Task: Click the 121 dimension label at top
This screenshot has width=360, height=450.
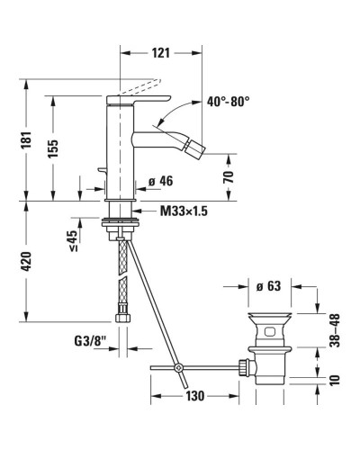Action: click(x=159, y=53)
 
